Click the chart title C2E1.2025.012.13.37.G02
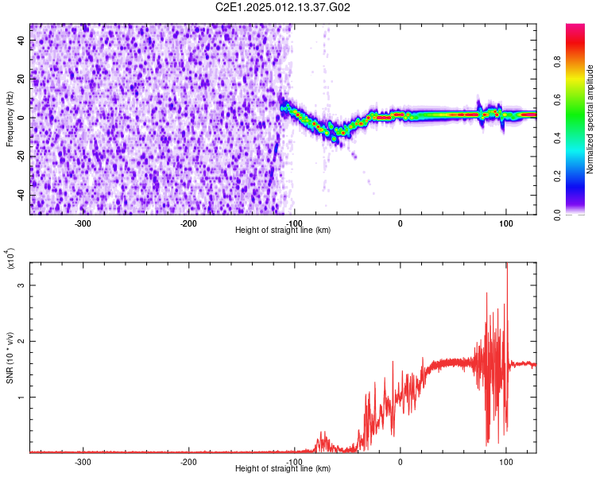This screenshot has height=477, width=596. click(x=284, y=7)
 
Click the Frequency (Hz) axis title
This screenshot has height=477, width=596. click(x=10, y=118)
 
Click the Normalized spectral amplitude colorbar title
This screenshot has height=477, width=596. click(x=590, y=118)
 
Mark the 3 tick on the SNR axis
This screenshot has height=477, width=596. click(x=22, y=285)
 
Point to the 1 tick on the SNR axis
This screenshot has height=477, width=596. click(x=22, y=397)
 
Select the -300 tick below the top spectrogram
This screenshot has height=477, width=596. click(x=83, y=223)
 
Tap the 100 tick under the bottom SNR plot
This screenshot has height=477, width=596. click(x=506, y=462)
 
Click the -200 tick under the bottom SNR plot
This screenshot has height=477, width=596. click(x=188, y=462)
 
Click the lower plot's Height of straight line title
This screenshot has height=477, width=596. click(x=283, y=469)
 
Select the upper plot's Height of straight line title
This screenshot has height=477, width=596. click(x=283, y=230)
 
